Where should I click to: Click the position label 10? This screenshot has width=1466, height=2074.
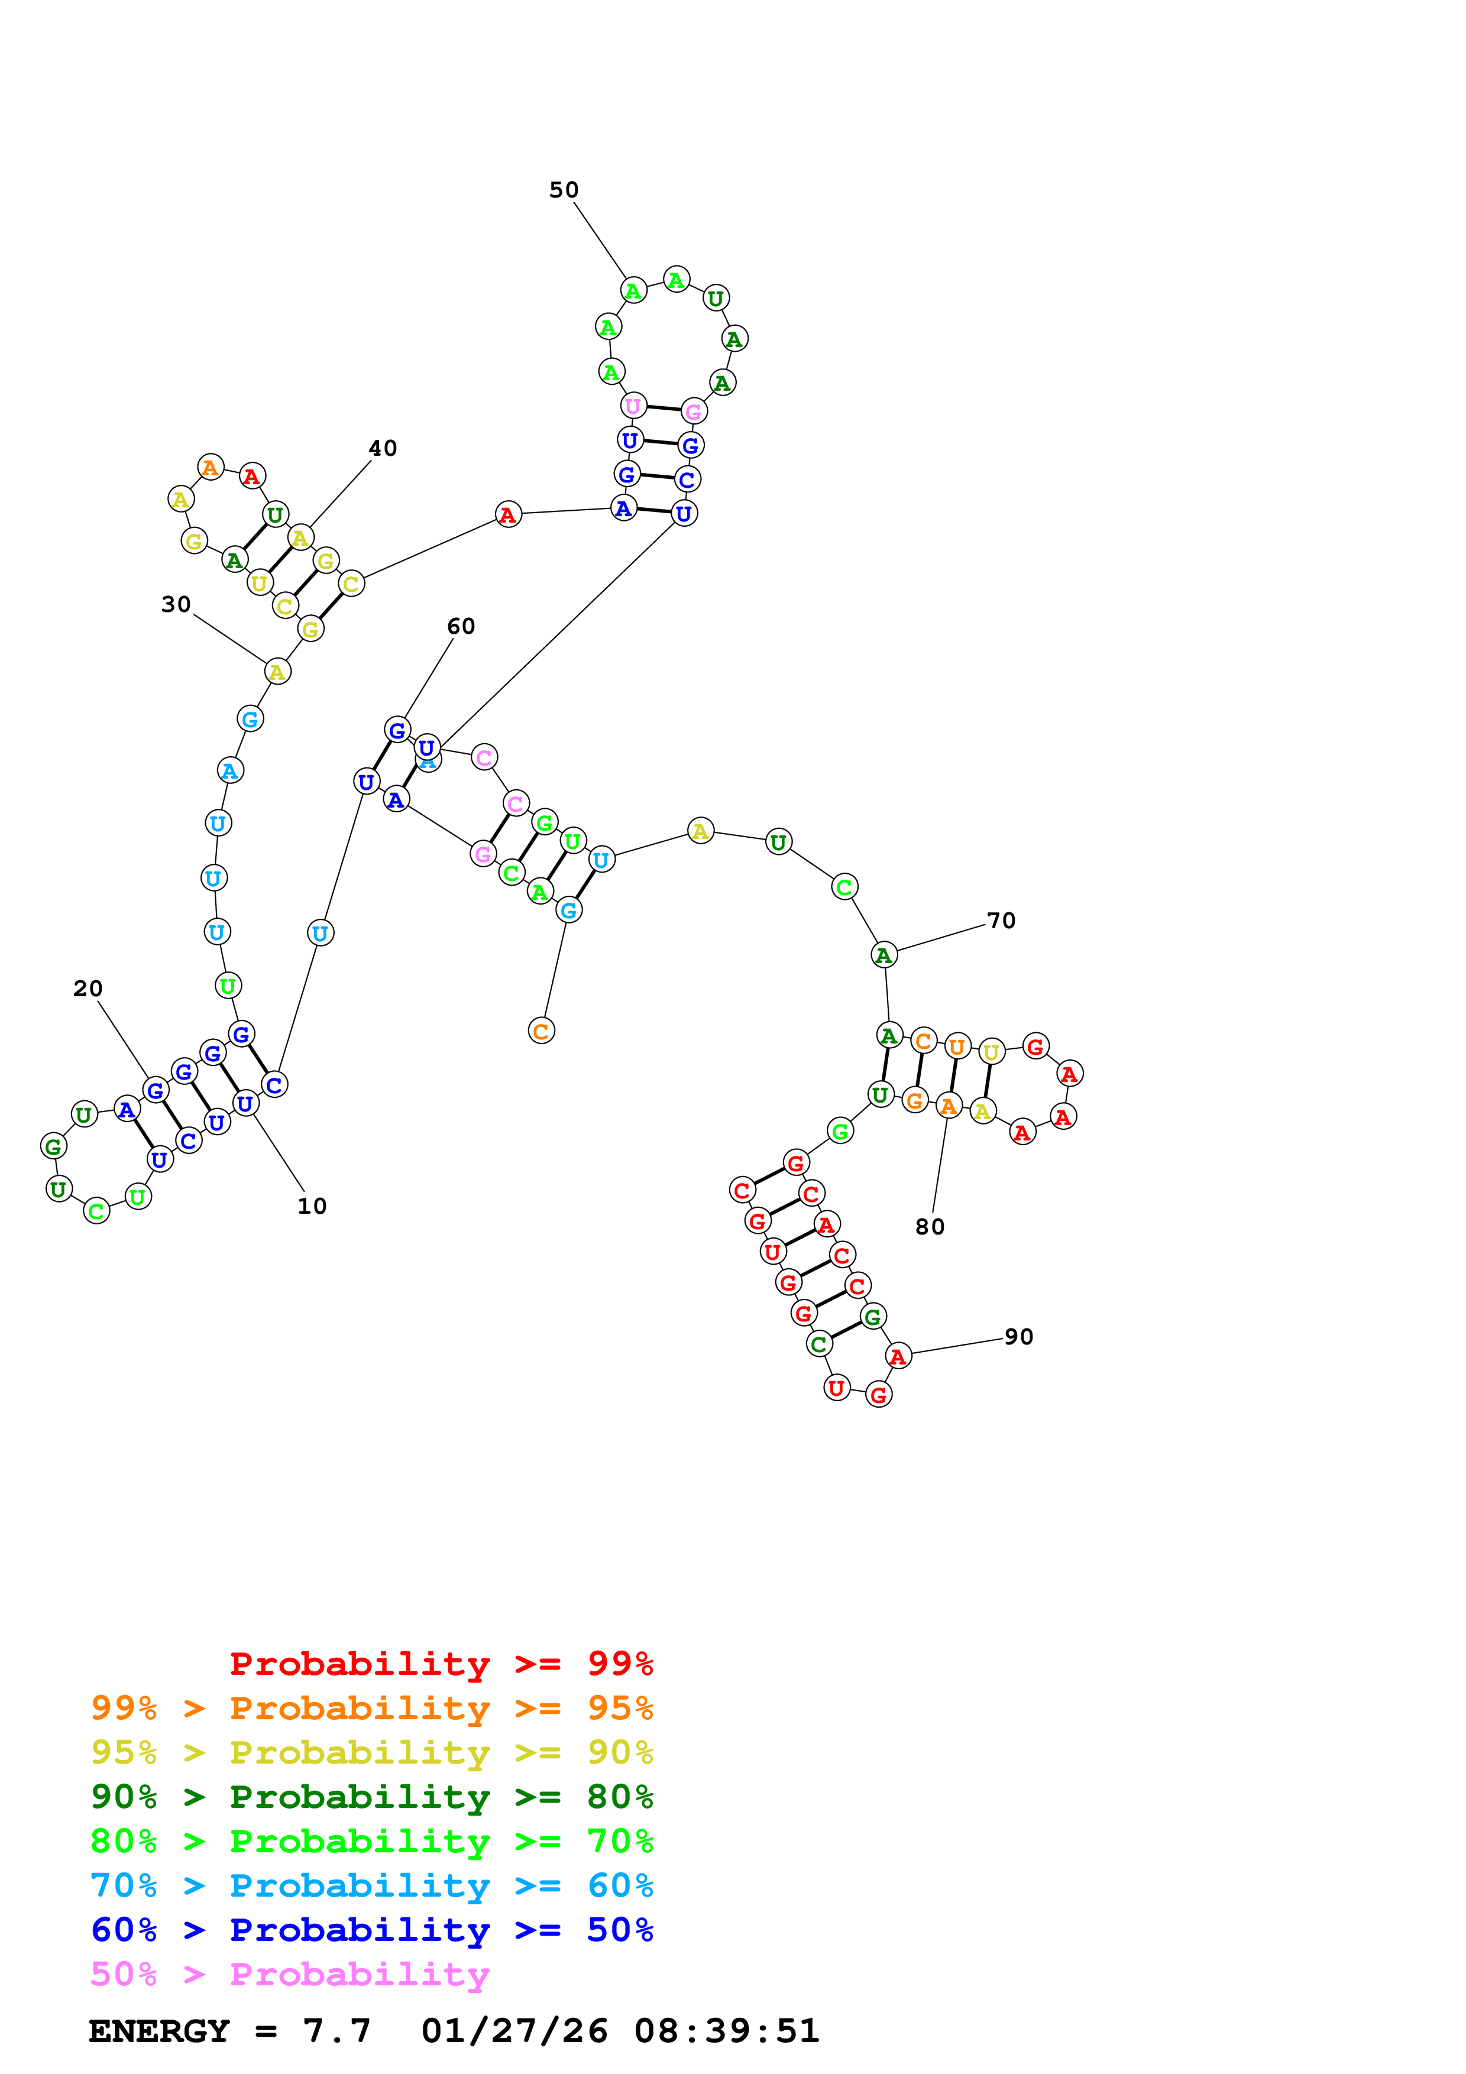pos(312,1206)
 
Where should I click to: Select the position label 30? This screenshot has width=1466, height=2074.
pos(176,604)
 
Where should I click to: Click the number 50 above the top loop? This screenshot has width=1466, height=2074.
pos(564,190)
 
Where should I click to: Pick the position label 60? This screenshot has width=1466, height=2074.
pos(461,626)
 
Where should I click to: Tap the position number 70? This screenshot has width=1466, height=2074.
pos(1001,921)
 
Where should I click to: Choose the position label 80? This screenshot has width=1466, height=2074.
pos(930,1227)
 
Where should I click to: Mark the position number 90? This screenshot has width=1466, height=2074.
pos(1019,1337)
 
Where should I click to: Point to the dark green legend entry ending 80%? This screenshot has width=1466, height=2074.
pos(372,1797)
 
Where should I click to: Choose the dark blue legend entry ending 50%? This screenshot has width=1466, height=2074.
pos(372,1930)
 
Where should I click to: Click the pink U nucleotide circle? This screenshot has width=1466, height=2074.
pos(633,407)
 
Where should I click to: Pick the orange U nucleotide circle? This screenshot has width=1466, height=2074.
pos(957,1047)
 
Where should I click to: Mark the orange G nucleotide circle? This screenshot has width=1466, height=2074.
pos(915,1100)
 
